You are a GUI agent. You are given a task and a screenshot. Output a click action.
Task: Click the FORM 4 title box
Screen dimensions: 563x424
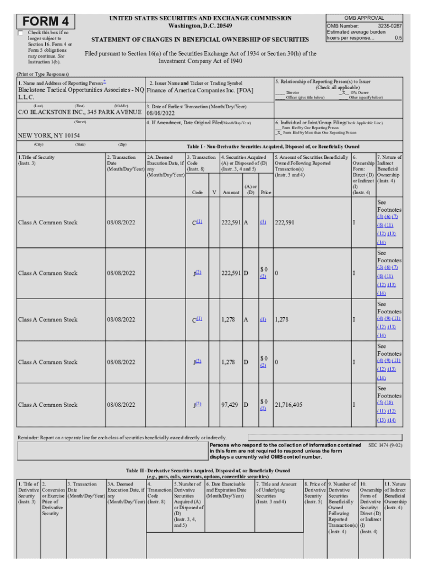tap(46, 21)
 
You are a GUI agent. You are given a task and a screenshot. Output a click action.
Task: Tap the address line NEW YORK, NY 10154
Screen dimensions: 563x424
tap(49, 135)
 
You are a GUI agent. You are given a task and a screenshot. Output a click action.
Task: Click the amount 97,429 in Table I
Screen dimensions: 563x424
tap(230, 405)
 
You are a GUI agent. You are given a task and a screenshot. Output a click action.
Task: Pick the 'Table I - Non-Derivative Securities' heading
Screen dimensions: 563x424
tap(274, 147)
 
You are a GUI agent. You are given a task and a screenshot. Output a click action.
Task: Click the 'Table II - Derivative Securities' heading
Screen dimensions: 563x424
tap(208, 471)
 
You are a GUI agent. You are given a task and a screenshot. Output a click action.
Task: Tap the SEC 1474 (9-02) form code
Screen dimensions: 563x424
tap(384, 444)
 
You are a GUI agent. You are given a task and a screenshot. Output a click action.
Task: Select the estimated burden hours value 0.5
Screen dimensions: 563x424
tap(398, 38)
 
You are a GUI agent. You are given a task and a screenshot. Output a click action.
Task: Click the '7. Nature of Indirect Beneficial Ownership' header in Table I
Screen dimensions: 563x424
tap(389, 169)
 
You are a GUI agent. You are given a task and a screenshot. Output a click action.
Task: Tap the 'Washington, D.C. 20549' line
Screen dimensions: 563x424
tap(200, 26)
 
